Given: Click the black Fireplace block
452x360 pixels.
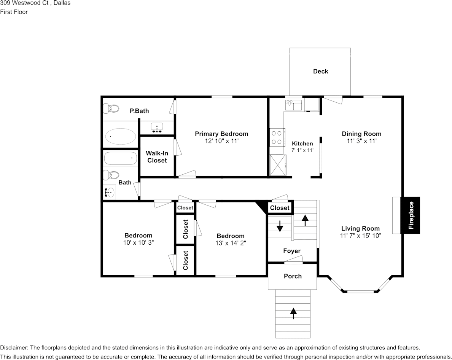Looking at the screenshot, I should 410,215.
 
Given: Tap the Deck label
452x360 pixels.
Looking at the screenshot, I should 320,71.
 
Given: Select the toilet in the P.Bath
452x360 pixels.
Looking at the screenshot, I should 111,109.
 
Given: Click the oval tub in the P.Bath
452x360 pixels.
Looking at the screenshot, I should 120,136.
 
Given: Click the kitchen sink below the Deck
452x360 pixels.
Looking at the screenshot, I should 293,104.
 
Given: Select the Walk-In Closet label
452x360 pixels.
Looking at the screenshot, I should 157,157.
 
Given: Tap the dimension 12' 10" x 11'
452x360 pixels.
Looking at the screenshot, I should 221,141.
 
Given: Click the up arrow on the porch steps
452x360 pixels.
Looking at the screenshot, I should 293,313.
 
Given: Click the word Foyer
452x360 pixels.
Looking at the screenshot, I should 292,251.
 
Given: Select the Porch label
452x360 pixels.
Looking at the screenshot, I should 293,276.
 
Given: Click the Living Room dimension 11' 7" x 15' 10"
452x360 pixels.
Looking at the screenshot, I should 360,236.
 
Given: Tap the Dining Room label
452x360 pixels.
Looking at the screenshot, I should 361,134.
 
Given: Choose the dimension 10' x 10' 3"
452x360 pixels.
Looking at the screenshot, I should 138,242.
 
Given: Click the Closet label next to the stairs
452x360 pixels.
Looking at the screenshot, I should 280,208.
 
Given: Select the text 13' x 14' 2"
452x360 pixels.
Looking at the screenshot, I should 230,243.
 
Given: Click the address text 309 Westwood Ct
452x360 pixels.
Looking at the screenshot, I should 23,3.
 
